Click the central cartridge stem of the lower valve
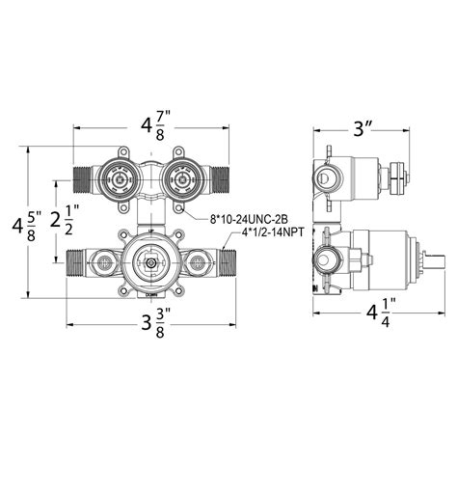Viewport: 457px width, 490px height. coord(149,261)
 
